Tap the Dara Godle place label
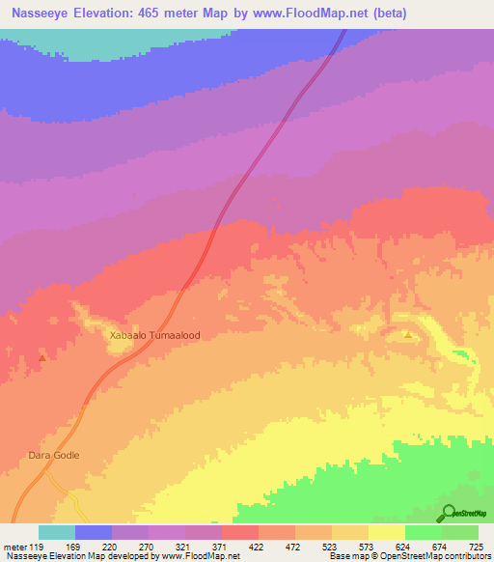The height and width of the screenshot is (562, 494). point(53,455)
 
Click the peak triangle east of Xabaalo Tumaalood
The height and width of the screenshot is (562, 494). point(408,336)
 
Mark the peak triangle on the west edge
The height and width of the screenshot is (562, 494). point(41,358)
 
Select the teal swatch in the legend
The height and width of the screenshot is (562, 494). point(57,532)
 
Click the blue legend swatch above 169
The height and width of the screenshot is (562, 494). point(94,532)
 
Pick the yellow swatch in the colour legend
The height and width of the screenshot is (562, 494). point(387,532)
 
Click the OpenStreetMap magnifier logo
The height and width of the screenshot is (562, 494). point(449,513)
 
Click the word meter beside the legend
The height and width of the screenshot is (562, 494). point(14,546)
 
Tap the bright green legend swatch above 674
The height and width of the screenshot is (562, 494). point(424,532)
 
